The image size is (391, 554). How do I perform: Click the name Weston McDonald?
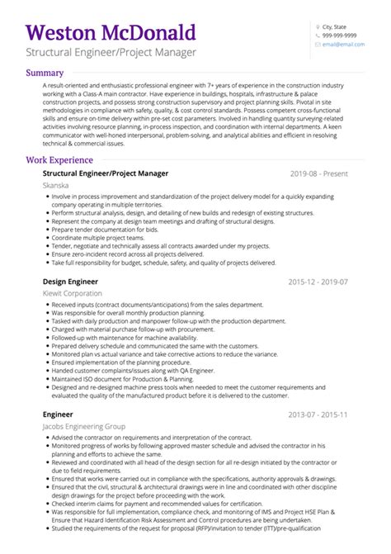click(111, 33)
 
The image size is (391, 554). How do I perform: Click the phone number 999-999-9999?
click(339, 36)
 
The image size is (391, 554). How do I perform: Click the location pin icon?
click(317, 26)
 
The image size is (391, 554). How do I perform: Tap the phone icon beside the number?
click(317, 36)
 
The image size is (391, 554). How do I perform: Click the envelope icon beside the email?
click(317, 45)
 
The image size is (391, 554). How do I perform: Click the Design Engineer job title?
click(70, 282)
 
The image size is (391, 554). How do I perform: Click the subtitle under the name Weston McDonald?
click(111, 53)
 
